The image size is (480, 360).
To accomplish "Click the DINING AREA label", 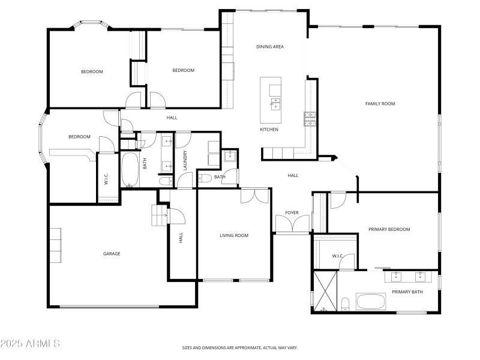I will click(270, 46).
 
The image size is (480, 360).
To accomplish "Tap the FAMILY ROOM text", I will click(380, 104).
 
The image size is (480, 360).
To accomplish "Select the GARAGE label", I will click(112, 254).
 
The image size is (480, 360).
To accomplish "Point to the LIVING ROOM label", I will click(233, 235).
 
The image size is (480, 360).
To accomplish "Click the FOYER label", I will click(292, 212).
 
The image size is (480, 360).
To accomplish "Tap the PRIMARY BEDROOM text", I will click(389, 229).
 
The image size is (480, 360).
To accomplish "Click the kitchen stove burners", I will click(310, 119).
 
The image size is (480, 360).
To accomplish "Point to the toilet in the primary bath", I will click(346, 305).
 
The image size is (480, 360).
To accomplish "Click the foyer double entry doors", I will click(292, 224).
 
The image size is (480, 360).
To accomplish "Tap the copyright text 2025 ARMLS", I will click(30, 344).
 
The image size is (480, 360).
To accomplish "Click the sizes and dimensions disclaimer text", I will click(240, 347).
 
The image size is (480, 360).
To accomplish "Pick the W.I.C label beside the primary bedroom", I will click(338, 256).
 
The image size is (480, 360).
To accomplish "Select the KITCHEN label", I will click(269, 130).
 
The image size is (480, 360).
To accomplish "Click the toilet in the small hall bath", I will click(204, 178).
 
